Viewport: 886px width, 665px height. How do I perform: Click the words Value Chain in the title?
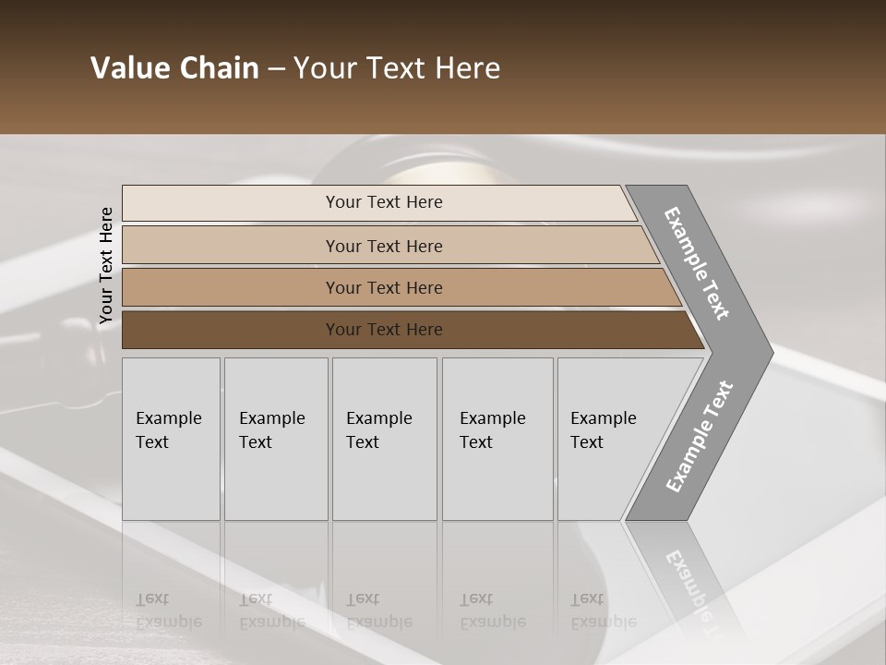[174, 68]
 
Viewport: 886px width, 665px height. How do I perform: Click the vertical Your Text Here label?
[106, 266]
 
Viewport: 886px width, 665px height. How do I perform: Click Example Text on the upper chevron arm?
[697, 263]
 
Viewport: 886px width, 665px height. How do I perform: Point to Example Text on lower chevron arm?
[700, 437]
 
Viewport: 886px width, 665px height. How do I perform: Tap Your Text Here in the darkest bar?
[384, 330]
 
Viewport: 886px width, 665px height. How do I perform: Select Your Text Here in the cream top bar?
[384, 202]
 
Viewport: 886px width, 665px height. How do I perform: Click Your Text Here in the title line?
[397, 68]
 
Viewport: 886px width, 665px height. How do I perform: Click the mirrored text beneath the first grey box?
[168, 611]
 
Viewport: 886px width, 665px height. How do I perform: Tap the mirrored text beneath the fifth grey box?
[603, 611]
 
